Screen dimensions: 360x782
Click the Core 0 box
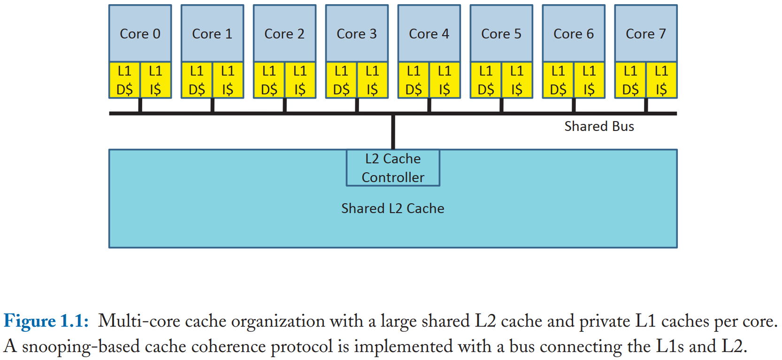tap(140, 34)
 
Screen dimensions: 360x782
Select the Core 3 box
tap(357, 34)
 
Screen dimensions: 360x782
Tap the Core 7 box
tap(646, 34)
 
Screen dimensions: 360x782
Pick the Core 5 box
tap(501, 34)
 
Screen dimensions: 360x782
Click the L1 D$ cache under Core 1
tap(197, 80)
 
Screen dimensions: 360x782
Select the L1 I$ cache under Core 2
tap(300, 80)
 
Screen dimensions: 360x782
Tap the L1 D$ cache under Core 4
tap(414, 80)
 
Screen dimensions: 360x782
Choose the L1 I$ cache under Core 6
tap(589, 80)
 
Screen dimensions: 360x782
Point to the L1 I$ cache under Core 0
tap(155, 80)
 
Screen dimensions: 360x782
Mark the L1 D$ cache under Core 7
tap(630, 80)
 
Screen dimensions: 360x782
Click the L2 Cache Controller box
tap(393, 168)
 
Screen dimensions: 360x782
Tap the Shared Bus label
tap(599, 127)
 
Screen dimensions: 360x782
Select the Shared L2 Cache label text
tap(392, 208)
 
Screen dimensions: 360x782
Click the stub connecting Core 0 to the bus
tap(140, 105)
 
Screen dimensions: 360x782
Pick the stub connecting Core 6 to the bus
tap(574, 105)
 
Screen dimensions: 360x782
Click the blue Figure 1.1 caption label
tap(46, 322)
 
